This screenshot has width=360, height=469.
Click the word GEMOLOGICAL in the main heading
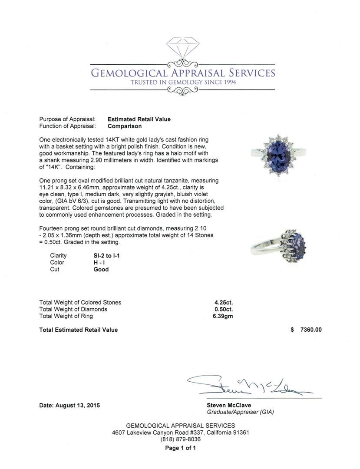[x=129, y=73]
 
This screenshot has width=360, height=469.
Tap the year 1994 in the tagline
[x=228, y=83]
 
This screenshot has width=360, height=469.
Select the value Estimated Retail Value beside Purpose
[x=139, y=119]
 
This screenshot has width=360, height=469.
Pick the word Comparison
[x=125, y=126]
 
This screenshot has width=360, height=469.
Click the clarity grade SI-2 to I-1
[x=107, y=256]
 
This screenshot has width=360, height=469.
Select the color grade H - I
[x=100, y=263]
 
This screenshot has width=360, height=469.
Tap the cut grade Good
[x=101, y=270]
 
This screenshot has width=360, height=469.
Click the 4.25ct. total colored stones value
[x=224, y=303]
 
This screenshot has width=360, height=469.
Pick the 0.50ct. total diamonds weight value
[x=224, y=310]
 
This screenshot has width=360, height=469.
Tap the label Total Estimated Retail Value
[x=79, y=330]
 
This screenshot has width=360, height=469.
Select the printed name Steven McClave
[x=229, y=406]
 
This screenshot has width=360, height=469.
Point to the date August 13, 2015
[x=69, y=406]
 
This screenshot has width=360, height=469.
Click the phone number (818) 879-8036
[x=180, y=439]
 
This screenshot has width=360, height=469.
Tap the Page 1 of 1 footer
[x=180, y=448]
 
